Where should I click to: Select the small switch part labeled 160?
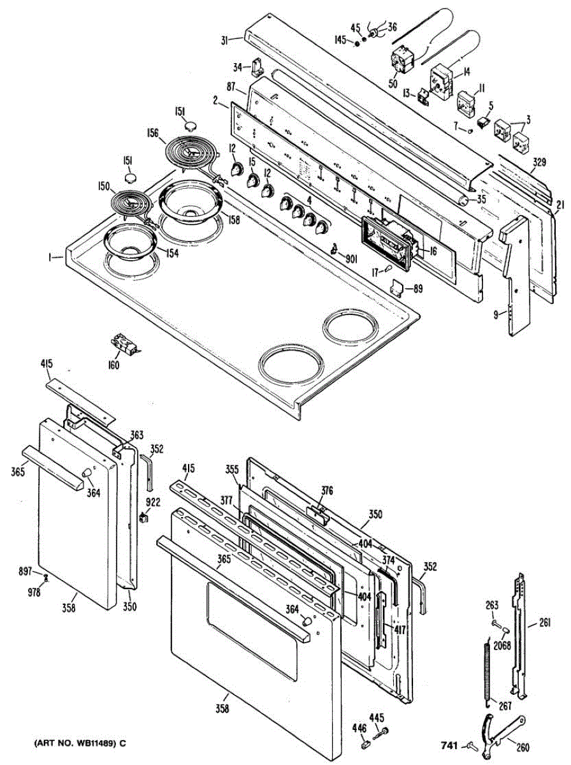click(124, 345)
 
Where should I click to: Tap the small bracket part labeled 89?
click(399, 288)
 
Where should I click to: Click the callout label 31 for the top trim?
click(226, 41)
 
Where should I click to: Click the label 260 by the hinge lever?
click(522, 748)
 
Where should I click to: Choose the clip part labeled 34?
click(259, 66)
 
